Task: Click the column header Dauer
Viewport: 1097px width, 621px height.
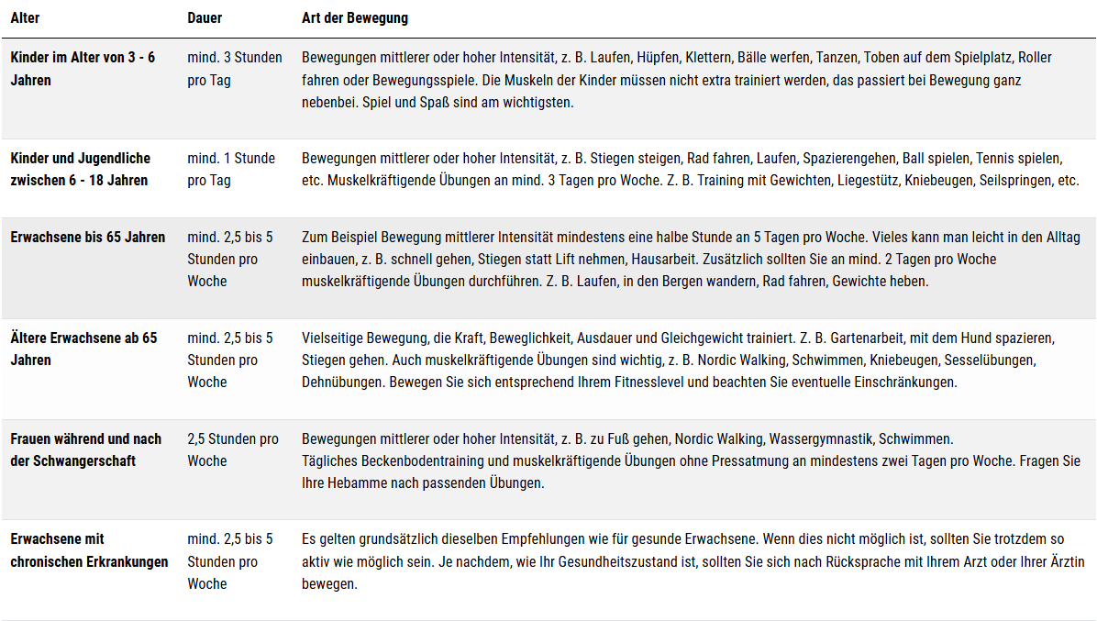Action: coord(205,18)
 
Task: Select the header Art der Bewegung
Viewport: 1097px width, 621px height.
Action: coord(355,18)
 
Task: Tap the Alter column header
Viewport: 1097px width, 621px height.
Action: coord(25,18)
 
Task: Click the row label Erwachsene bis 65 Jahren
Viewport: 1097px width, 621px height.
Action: coord(88,237)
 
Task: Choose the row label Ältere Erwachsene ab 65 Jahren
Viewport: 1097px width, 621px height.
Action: coord(83,349)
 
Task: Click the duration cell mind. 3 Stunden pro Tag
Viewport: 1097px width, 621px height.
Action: coord(235,69)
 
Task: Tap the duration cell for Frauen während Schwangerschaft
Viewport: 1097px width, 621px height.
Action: coord(233,449)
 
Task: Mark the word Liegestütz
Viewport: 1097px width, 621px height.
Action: coord(867,181)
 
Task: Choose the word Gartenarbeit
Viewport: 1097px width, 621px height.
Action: coord(848,338)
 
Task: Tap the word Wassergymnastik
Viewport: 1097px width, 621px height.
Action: coord(821,438)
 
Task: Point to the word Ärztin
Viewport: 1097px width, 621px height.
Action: coord(1064,561)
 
